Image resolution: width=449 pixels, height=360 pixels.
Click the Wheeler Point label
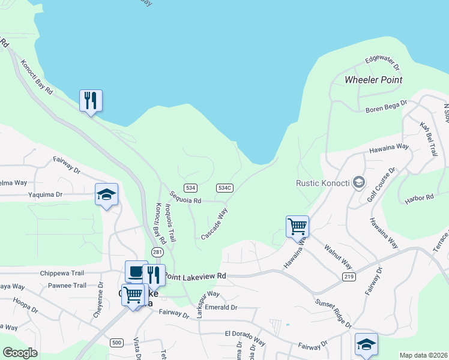pyautogui.click(x=373, y=80)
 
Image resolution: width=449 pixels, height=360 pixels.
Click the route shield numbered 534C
pyautogui.click(x=225, y=188)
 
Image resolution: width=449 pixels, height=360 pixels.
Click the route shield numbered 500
pyautogui.click(x=117, y=343)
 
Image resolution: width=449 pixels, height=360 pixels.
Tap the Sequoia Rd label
pyautogui.click(x=185, y=197)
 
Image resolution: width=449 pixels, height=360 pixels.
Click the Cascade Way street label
pyautogui.click(x=214, y=224)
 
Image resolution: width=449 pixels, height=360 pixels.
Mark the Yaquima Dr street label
pyautogui.click(x=45, y=195)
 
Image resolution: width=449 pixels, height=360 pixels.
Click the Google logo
pyautogui.click(x=20, y=353)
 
